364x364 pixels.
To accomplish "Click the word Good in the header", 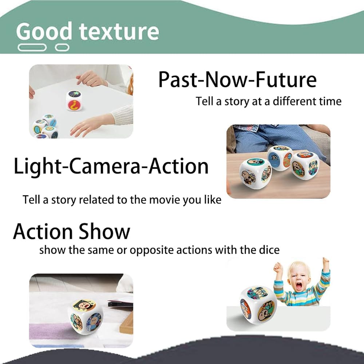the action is pos(44,31).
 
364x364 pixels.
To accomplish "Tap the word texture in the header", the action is pos(119,32).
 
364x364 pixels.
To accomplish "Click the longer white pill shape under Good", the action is pos(32,47).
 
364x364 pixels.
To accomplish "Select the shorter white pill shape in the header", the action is pos(62,47).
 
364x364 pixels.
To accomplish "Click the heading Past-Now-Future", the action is pos(237,79).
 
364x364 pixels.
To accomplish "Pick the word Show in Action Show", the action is pos(104,231).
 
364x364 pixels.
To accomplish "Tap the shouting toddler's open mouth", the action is pos(298,286).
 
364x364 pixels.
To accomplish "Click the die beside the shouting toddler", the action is pos(258,305).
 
